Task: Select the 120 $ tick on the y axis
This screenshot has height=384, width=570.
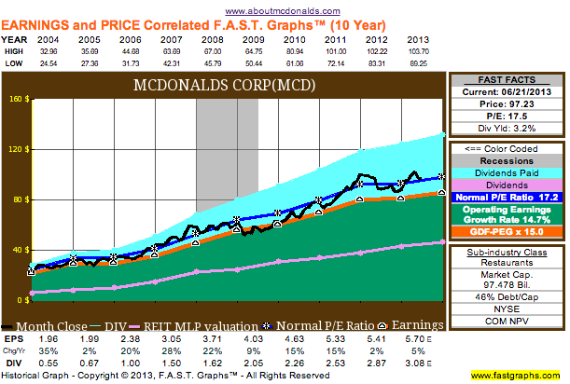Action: pos(18,148)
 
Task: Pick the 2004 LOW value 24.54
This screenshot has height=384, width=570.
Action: pos(47,65)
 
